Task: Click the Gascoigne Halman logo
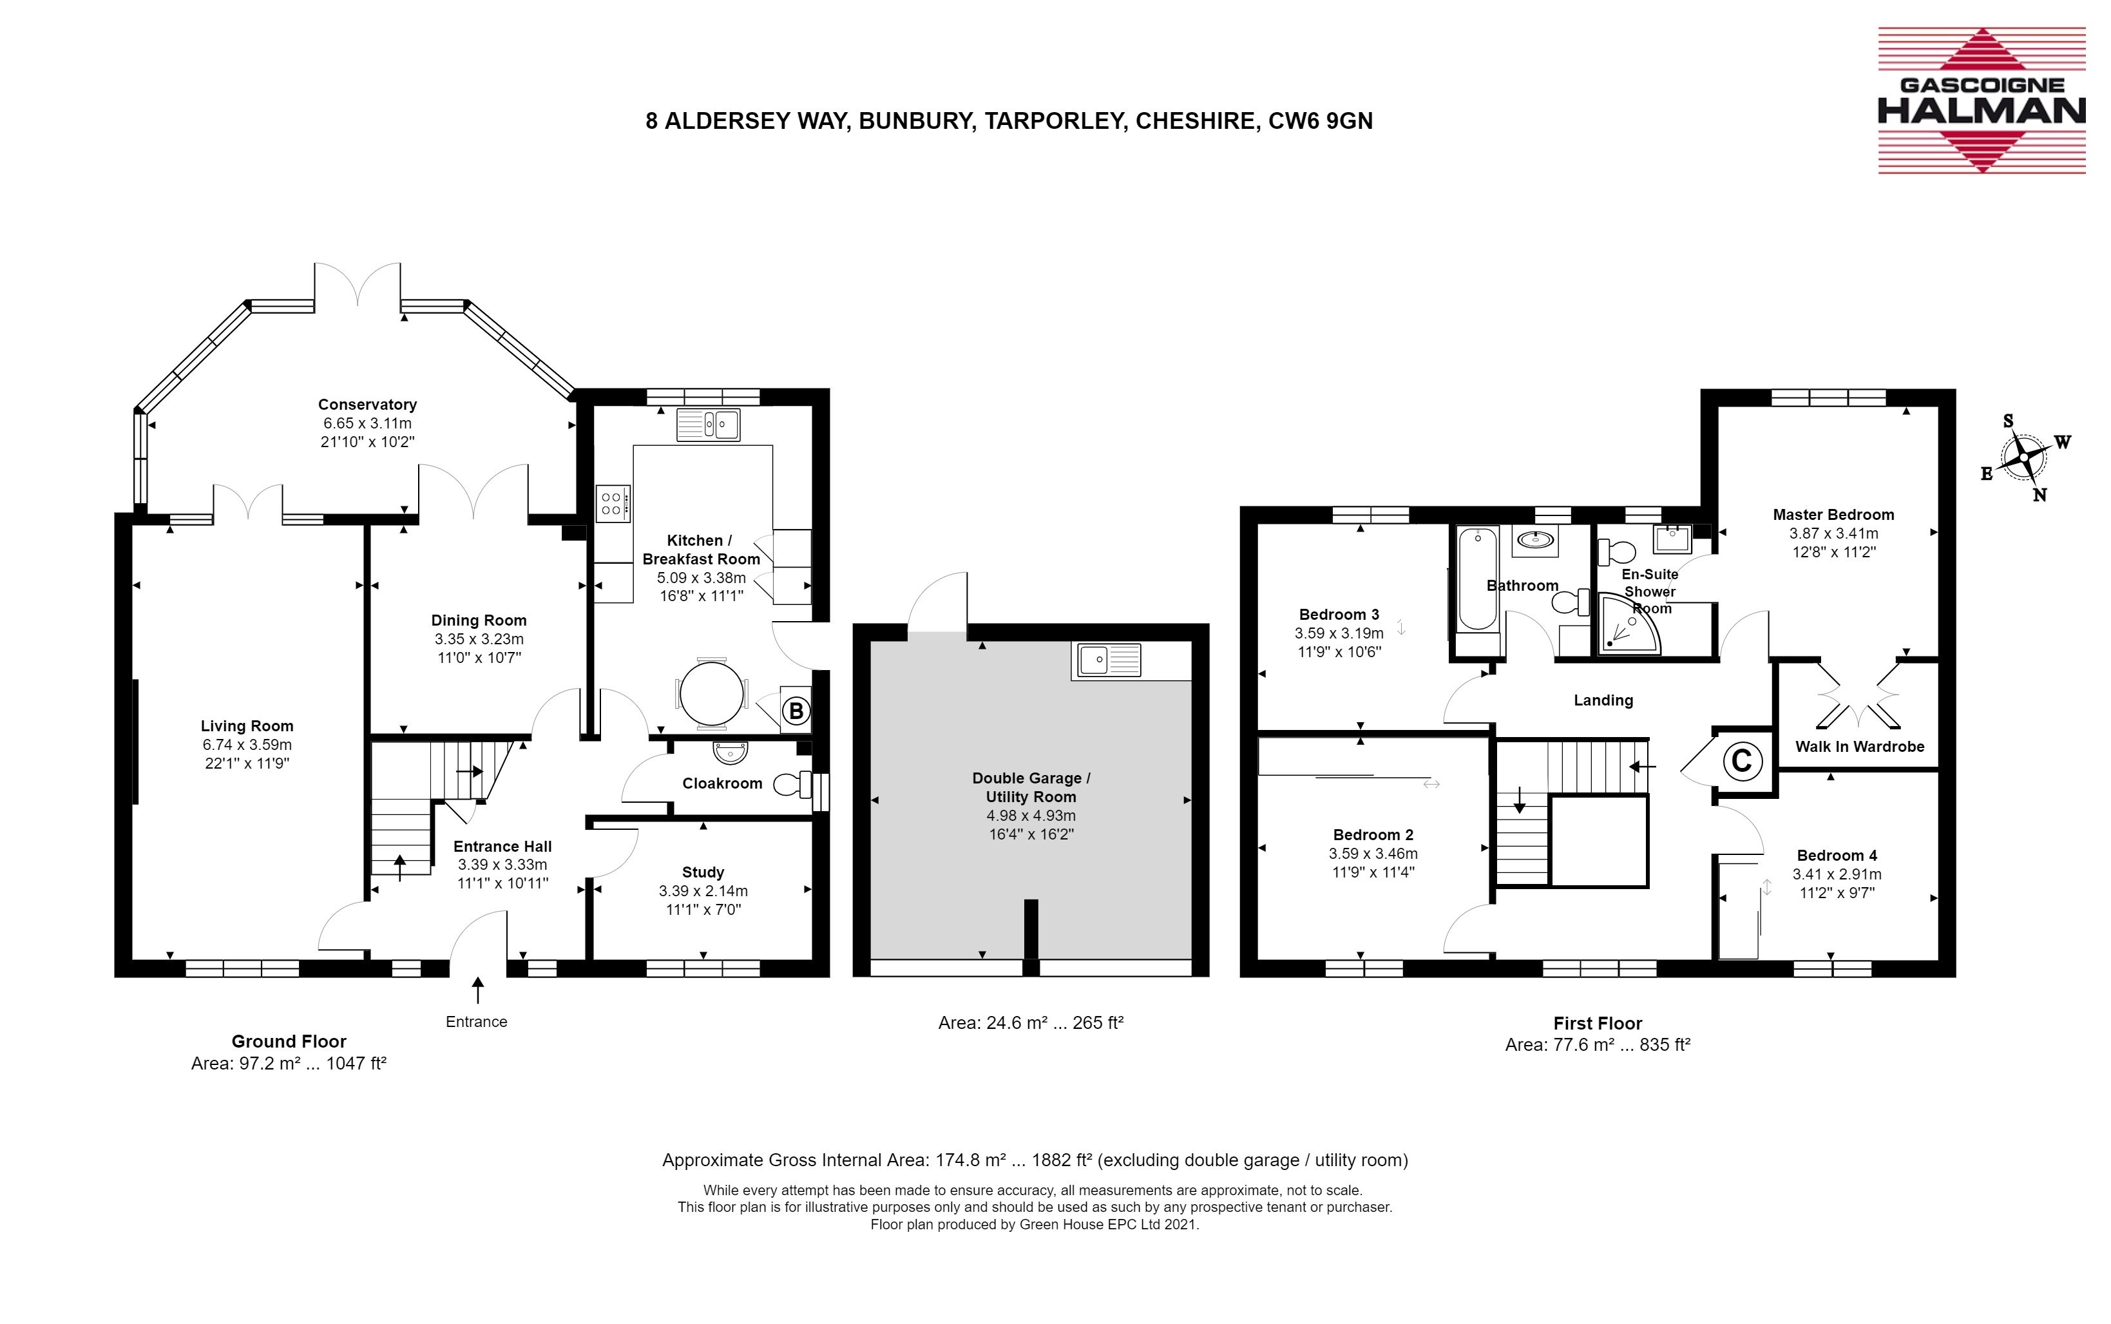(1982, 101)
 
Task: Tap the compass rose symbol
(2024, 457)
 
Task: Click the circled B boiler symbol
(796, 711)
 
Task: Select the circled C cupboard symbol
(1741, 760)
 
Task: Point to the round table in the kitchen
(711, 693)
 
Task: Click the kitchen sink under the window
(709, 425)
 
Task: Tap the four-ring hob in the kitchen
(613, 503)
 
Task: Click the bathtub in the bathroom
(1478, 579)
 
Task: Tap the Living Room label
(247, 726)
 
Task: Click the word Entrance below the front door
(476, 1022)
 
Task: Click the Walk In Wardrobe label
(1860, 747)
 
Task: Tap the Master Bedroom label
(1833, 515)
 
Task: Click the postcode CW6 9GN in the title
(1321, 121)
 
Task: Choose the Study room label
(703, 872)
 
